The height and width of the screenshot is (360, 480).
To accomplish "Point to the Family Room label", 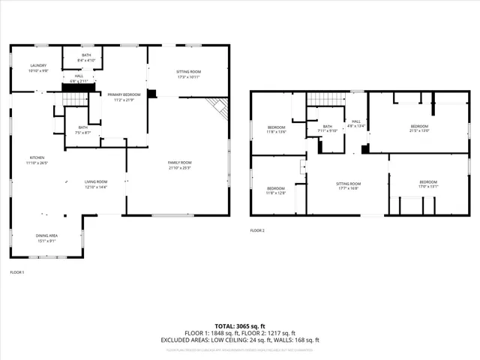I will coord(180,164).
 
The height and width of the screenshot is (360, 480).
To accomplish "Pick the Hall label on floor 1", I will coord(79,76).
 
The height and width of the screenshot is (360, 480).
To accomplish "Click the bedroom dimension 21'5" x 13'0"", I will coord(418,130).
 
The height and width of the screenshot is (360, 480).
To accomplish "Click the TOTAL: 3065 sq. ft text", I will coord(239,326).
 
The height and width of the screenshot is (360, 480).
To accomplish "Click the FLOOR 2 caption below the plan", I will coord(257,230).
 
